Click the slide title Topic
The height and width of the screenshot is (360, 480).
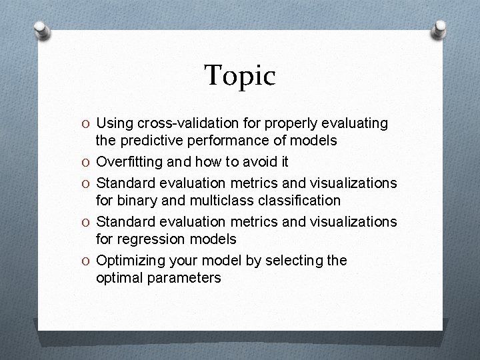coord(239,76)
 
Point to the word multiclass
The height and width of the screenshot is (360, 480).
coord(243,200)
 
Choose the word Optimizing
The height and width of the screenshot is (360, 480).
coord(130,260)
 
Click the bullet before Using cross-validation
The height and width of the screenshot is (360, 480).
coord(87,124)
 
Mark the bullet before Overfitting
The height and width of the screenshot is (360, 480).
coord(87,161)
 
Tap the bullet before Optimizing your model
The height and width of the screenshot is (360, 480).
coord(87,261)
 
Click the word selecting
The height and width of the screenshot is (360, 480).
coord(295,260)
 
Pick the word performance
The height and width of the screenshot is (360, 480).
coord(215,141)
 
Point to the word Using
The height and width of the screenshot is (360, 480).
coord(113,123)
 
